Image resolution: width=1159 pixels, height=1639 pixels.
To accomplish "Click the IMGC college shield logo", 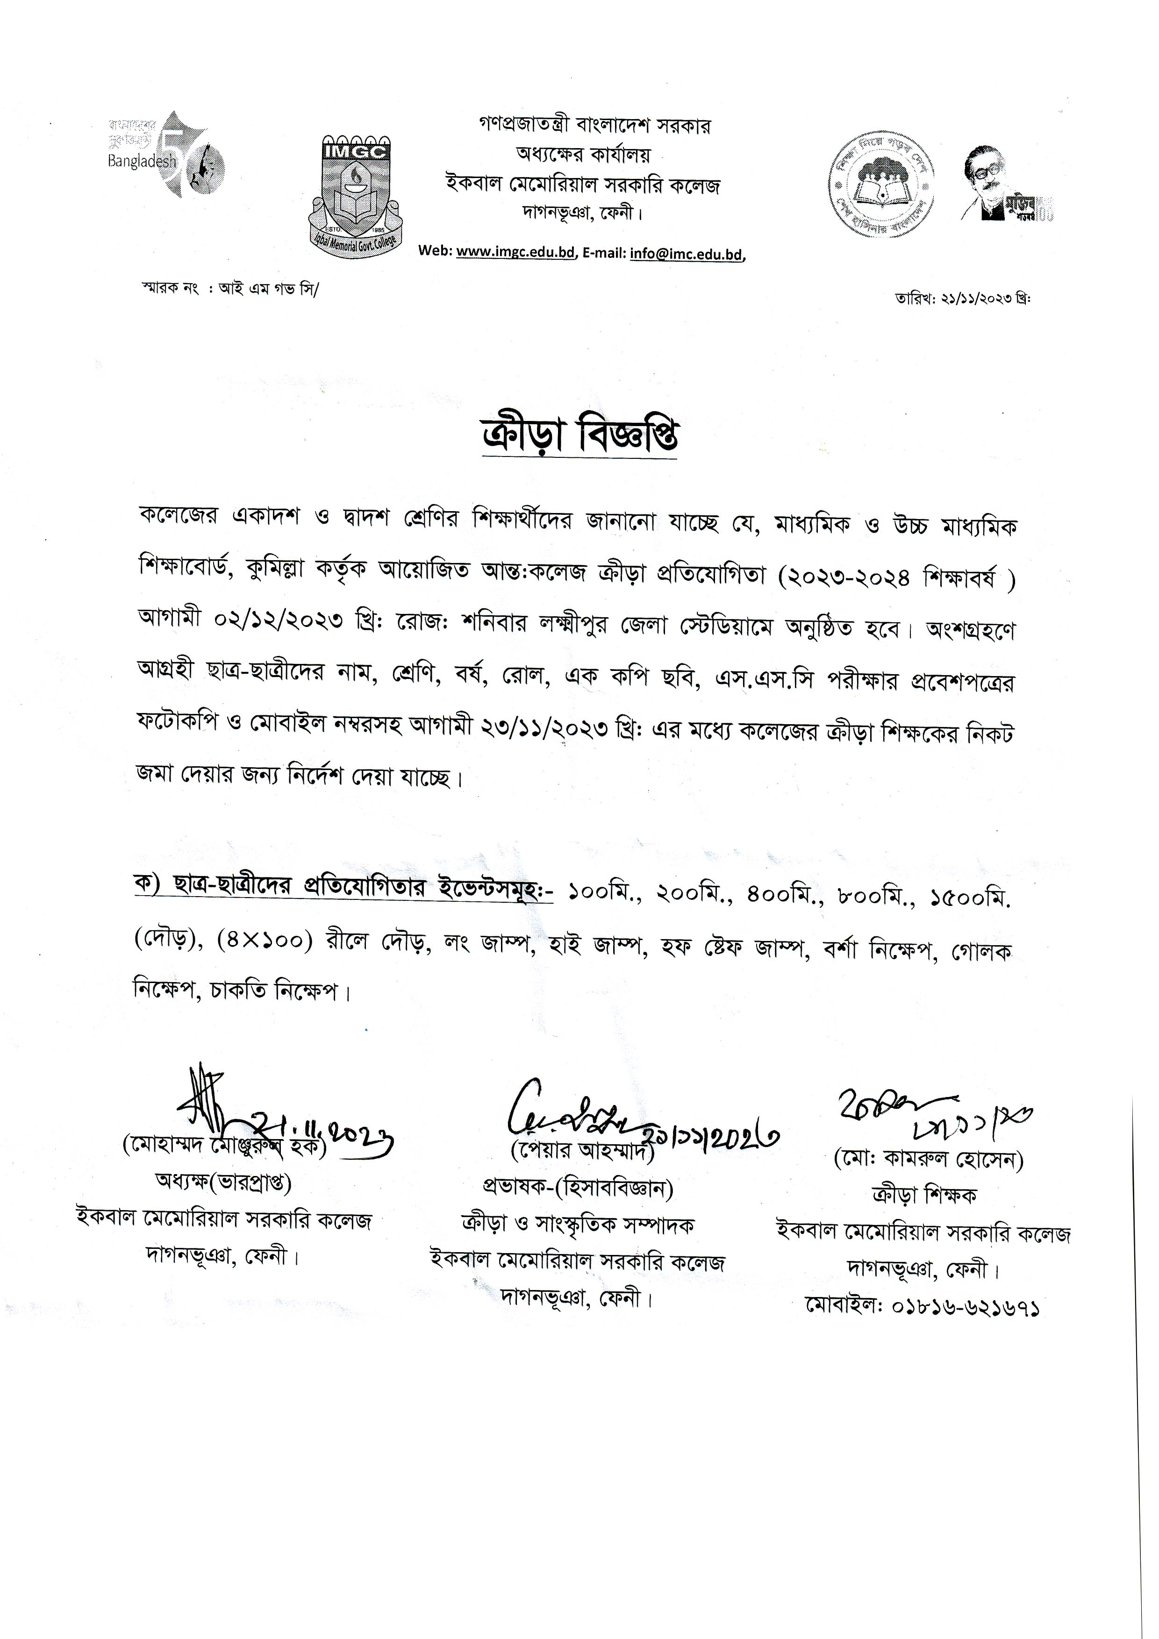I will tap(356, 188).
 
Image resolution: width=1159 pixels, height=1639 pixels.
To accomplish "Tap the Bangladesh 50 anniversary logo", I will tap(166, 155).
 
